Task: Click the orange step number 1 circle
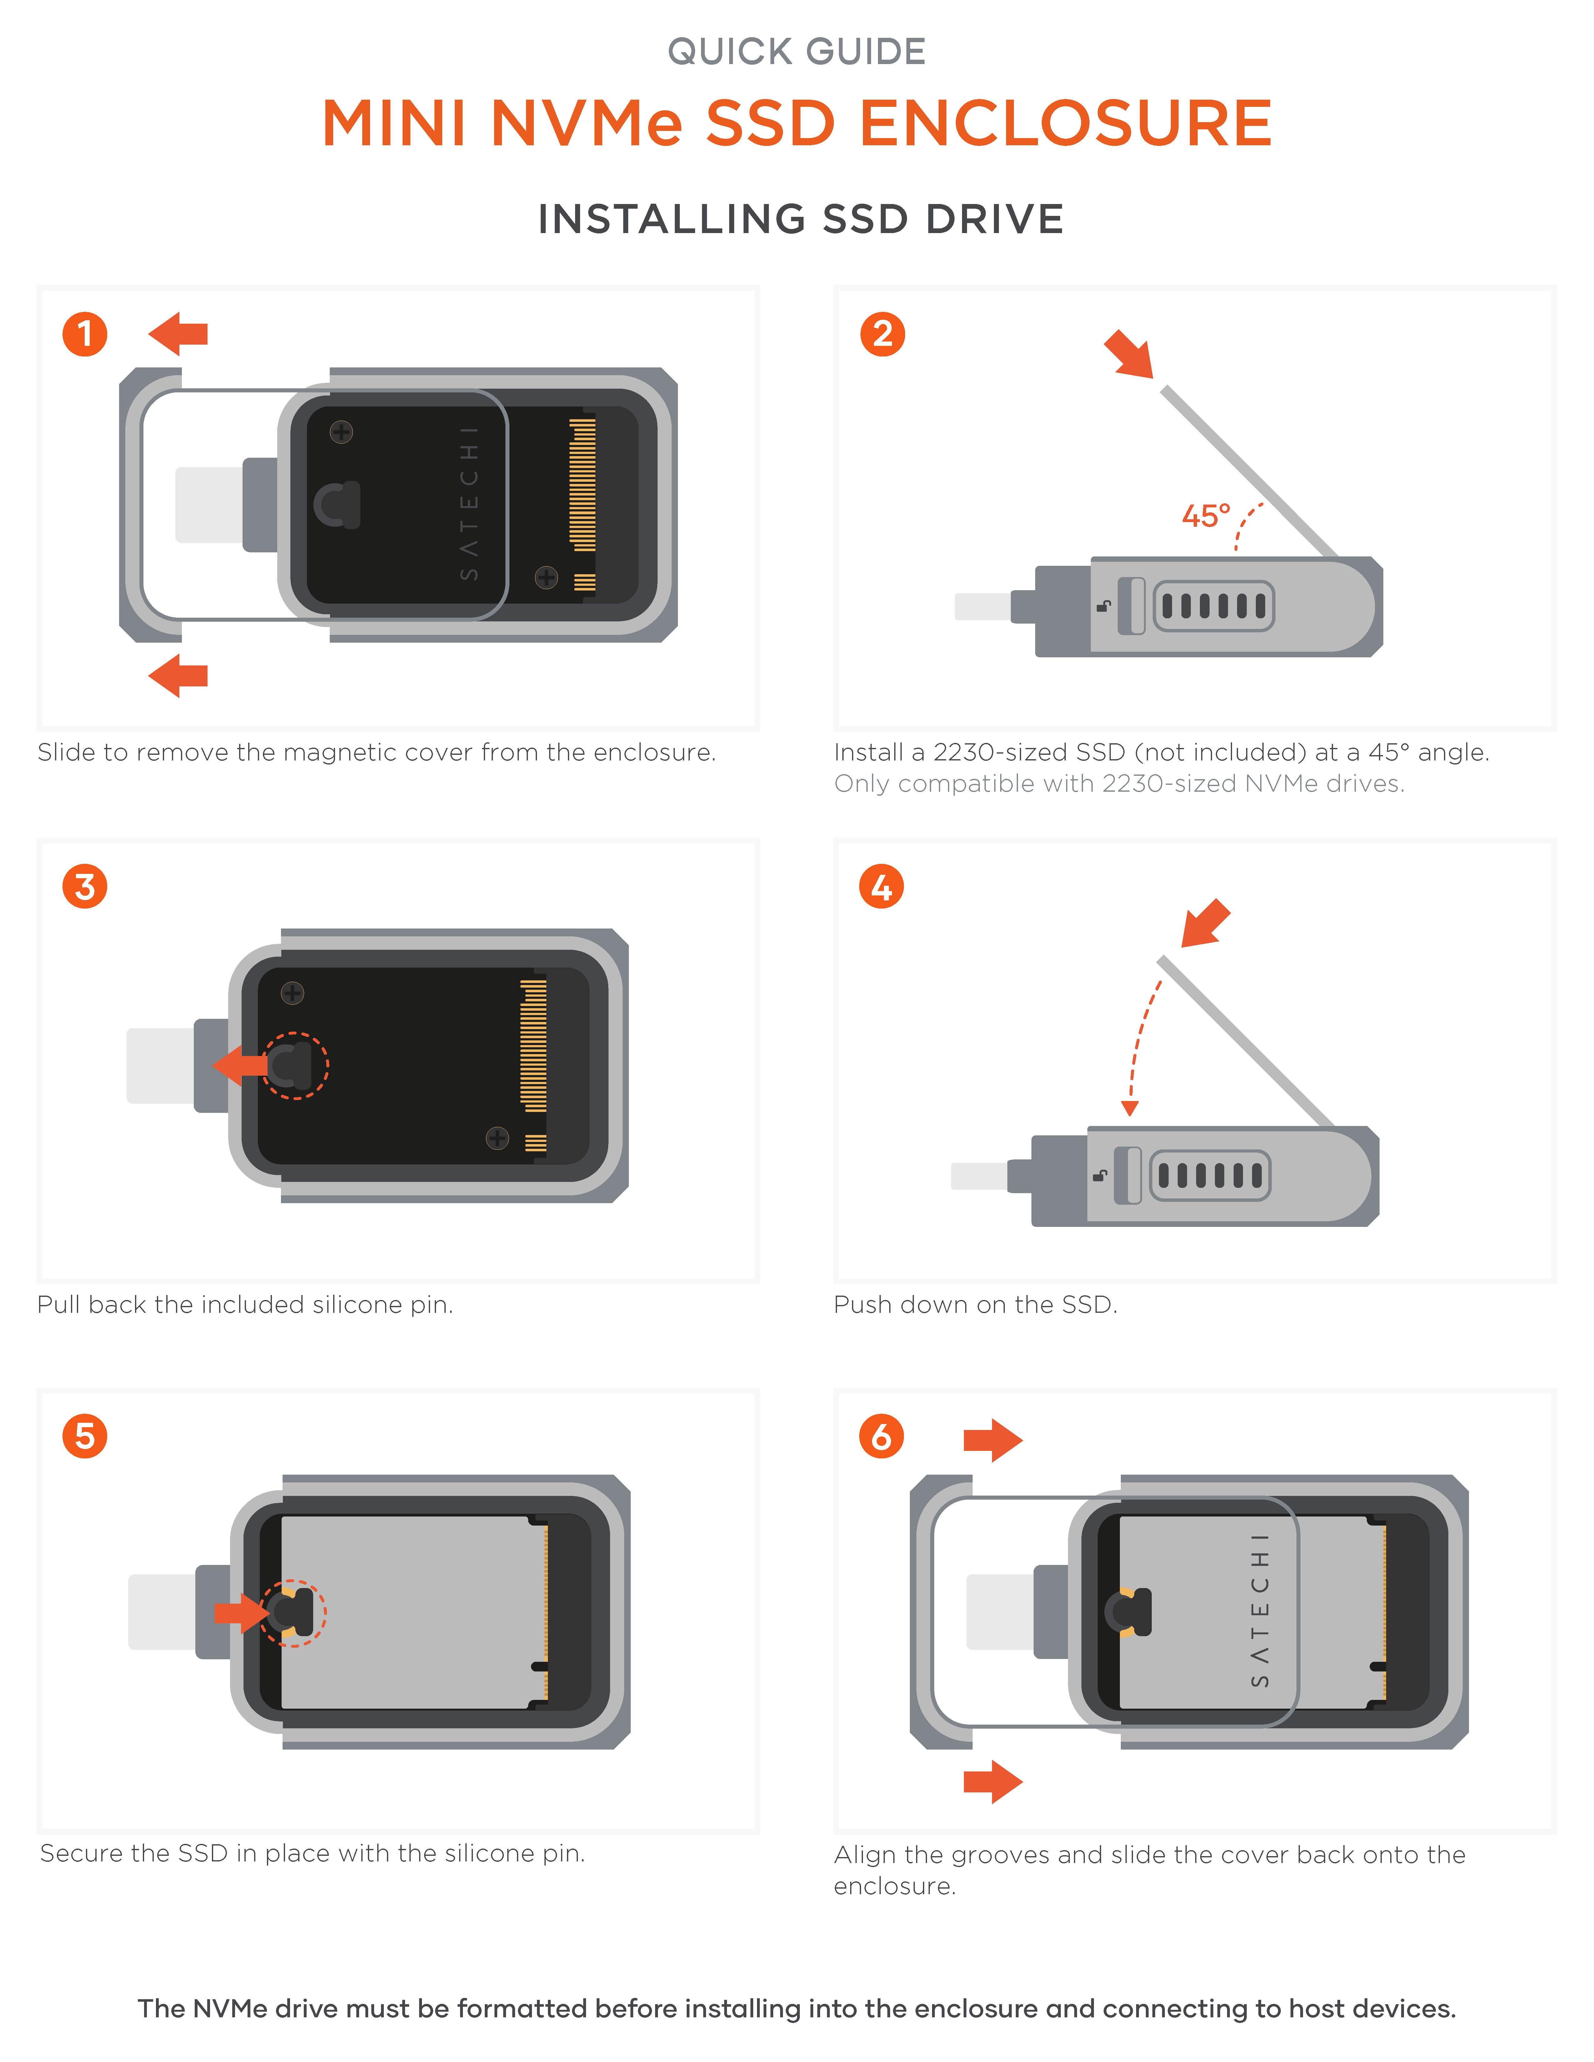[x=85, y=334]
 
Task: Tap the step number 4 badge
[x=881, y=887]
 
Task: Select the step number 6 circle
[x=881, y=1436]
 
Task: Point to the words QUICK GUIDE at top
[x=796, y=52]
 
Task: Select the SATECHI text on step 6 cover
[x=1261, y=1611]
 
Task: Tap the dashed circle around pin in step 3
[x=296, y=1065]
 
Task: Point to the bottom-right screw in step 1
[x=546, y=577]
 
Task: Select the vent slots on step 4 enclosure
[x=1210, y=1175]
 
